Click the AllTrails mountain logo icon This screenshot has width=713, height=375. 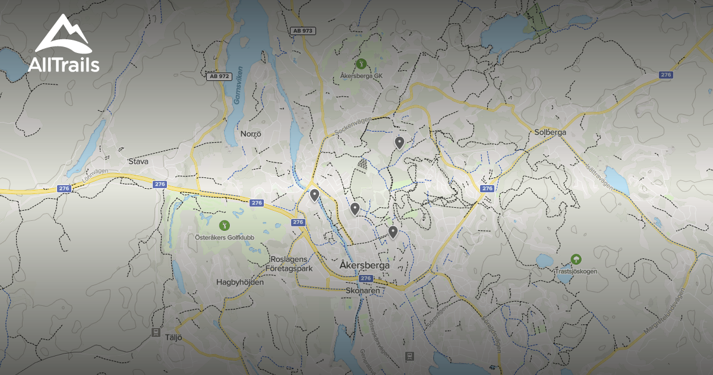[63, 34]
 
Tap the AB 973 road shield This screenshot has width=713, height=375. [303, 30]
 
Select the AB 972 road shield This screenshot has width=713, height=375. [218, 76]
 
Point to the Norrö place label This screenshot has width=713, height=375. [251, 134]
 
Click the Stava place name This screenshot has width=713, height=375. [138, 161]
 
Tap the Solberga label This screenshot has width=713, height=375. [550, 132]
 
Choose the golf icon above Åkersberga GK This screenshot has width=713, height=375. [360, 63]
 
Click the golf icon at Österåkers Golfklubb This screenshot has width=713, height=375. [224, 225]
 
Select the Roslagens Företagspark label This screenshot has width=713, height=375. [291, 264]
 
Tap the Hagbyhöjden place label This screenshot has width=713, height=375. [240, 282]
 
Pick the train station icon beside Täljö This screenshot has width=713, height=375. [156, 332]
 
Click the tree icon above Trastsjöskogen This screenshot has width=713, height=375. [575, 259]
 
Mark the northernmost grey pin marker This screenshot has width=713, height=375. [399, 142]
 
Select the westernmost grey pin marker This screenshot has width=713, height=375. [314, 195]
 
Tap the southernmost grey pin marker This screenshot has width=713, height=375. [393, 232]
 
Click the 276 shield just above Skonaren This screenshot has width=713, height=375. [365, 278]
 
